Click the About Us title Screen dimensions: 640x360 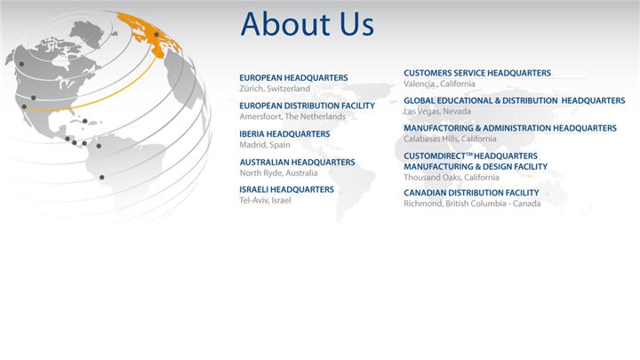click(307, 24)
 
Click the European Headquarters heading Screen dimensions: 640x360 click(293, 77)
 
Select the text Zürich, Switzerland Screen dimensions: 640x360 click(275, 89)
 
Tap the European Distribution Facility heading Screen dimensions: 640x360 click(307, 106)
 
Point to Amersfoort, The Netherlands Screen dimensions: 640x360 click(292, 116)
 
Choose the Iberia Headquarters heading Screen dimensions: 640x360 click(284, 134)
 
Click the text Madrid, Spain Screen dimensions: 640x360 click(265, 145)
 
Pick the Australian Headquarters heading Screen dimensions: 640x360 click(297, 162)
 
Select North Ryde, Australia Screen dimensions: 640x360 click(278, 173)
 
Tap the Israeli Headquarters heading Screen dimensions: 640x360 click(286, 189)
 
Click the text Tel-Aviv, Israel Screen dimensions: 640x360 click(265, 200)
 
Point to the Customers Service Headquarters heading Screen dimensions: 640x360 click(477, 73)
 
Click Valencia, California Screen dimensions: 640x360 click(439, 84)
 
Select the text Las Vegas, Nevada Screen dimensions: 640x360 click(437, 111)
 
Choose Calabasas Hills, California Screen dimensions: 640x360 click(450, 139)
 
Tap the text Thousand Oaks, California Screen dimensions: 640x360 click(451, 178)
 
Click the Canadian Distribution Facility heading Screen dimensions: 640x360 click(471, 193)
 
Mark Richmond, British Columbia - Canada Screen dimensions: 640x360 click(472, 204)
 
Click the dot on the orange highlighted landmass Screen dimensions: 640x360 click(156, 35)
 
